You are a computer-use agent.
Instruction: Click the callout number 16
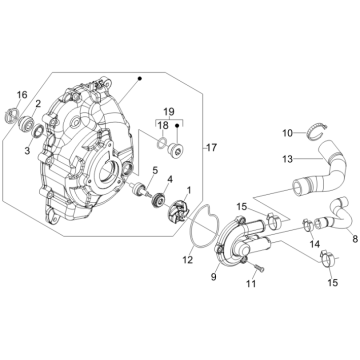pos(22,95)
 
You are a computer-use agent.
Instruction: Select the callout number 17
pos(211,147)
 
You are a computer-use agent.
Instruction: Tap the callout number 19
pos(169,112)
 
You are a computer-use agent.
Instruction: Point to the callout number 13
pos(287,159)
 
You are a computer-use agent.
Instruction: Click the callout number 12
pos(188,260)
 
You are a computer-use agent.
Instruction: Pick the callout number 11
pos(251,283)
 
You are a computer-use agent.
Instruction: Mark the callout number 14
pos(315,244)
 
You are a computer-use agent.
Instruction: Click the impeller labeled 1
pos(179,211)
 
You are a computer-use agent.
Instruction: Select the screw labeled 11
pos(259,268)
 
